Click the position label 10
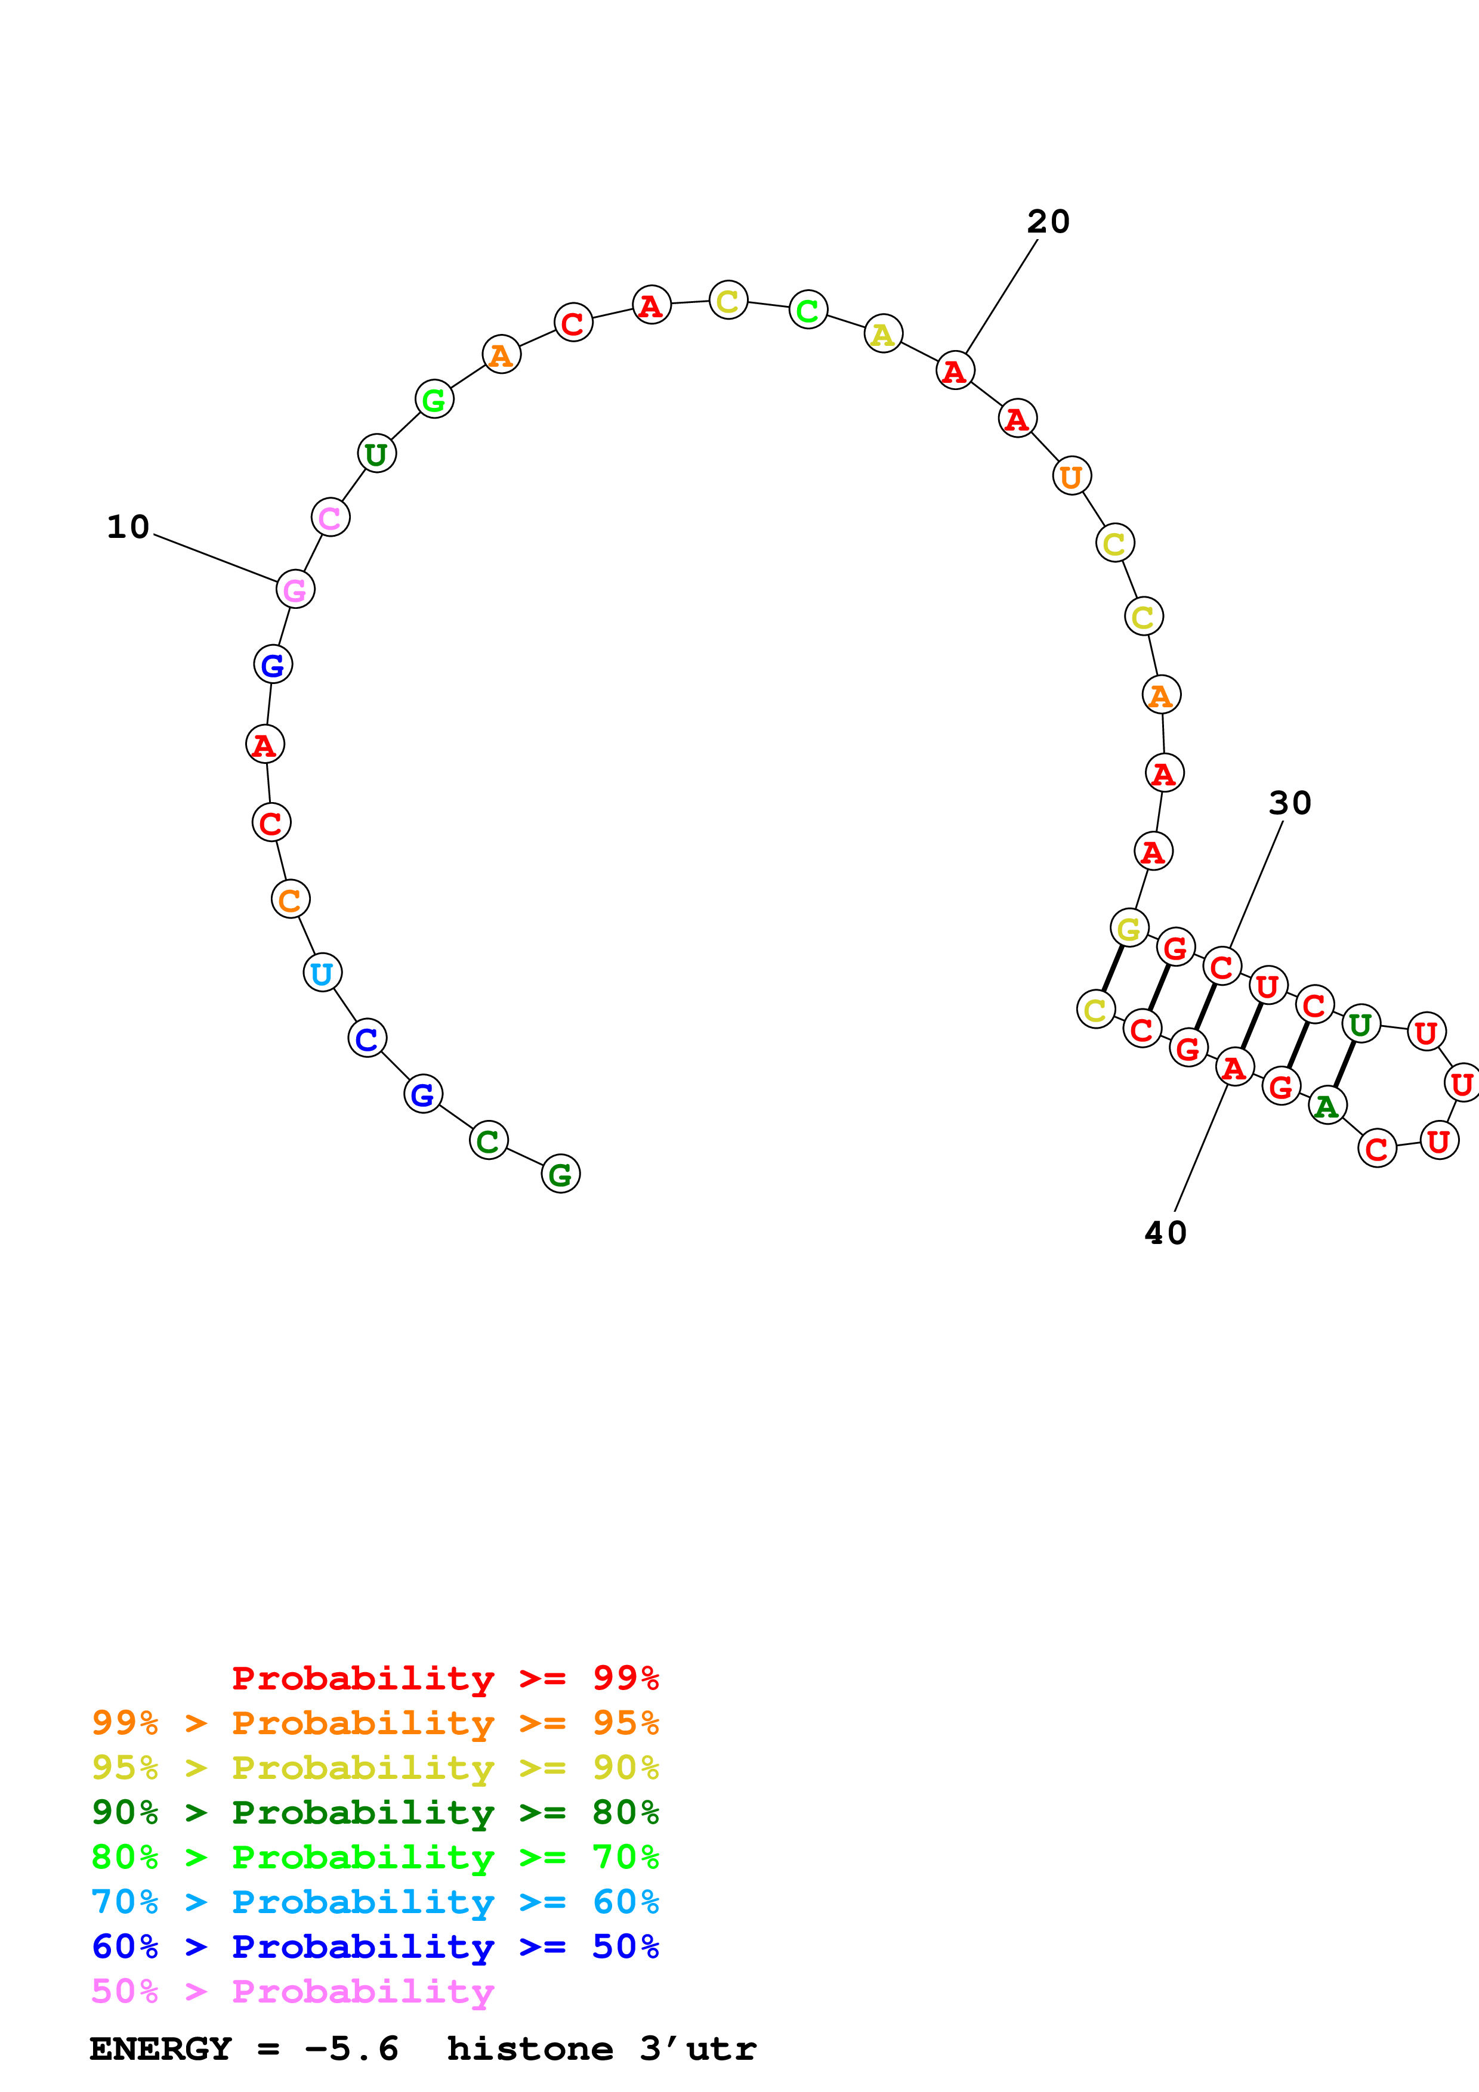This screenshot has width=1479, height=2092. click(128, 527)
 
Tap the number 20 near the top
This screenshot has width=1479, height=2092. click(1048, 221)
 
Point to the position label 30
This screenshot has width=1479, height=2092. click(1289, 803)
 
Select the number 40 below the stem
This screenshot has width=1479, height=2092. click(1166, 1233)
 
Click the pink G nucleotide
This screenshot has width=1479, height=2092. click(295, 590)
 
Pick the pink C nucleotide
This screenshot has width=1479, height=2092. click(330, 518)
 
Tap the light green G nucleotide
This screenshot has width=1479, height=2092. click(434, 399)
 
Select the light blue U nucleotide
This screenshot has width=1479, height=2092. click(322, 973)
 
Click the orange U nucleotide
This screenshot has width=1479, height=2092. click(1072, 476)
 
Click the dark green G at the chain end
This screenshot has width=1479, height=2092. click(560, 1174)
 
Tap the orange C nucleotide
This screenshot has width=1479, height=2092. click(290, 899)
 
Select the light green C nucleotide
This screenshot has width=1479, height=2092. click(807, 310)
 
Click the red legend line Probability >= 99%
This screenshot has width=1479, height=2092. click(444, 1678)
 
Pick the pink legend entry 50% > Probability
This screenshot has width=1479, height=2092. click(292, 1992)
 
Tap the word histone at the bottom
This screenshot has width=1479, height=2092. click(529, 2049)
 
